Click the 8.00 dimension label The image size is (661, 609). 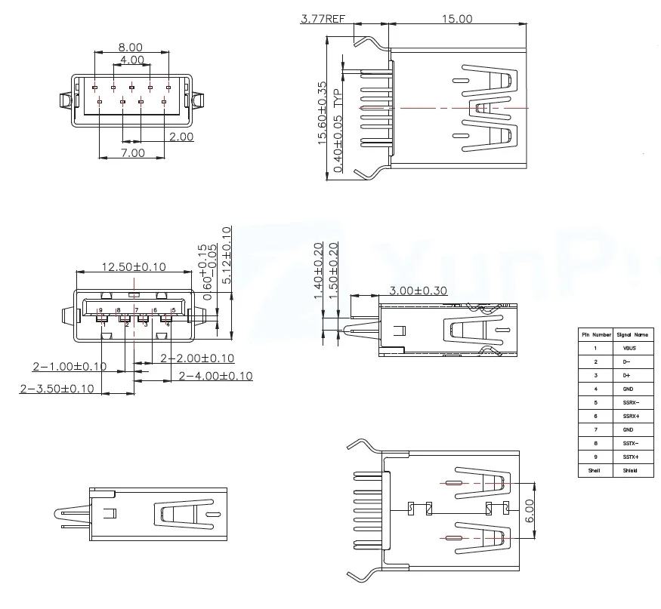point(131,47)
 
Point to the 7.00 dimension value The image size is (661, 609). point(132,152)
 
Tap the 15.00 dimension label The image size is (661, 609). point(457,19)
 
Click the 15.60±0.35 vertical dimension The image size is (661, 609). point(323,113)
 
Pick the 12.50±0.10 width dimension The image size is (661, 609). point(134,267)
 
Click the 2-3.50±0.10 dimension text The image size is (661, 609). point(57,389)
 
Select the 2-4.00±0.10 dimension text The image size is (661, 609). point(205,376)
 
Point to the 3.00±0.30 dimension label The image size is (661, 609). point(419,291)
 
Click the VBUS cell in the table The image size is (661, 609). point(629,348)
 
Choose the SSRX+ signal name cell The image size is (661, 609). point(629,416)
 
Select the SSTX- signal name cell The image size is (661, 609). point(629,443)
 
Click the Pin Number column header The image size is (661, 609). point(595,334)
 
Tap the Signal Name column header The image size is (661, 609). point(632,334)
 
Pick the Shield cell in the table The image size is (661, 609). point(629,470)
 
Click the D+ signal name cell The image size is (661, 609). point(627,375)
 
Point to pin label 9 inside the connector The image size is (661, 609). point(100,310)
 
